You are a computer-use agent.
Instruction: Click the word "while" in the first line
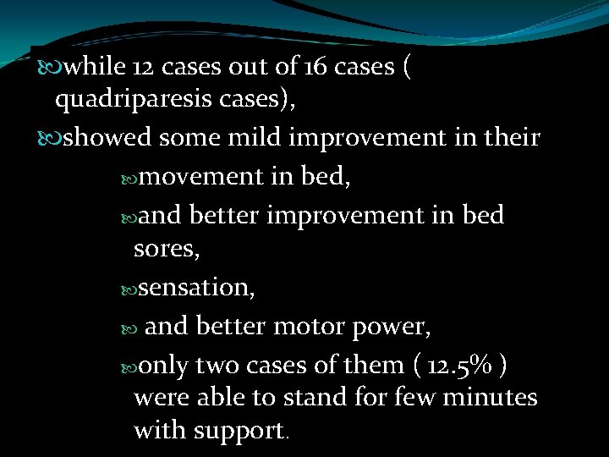(x=94, y=66)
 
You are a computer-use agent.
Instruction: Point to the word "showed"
(x=108, y=137)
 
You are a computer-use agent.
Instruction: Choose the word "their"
(x=509, y=137)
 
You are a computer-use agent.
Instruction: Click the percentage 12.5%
(x=458, y=366)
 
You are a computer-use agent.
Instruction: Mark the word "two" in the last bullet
(x=213, y=366)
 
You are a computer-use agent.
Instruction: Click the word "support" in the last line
(x=240, y=430)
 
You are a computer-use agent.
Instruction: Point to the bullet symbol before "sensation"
(x=127, y=288)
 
